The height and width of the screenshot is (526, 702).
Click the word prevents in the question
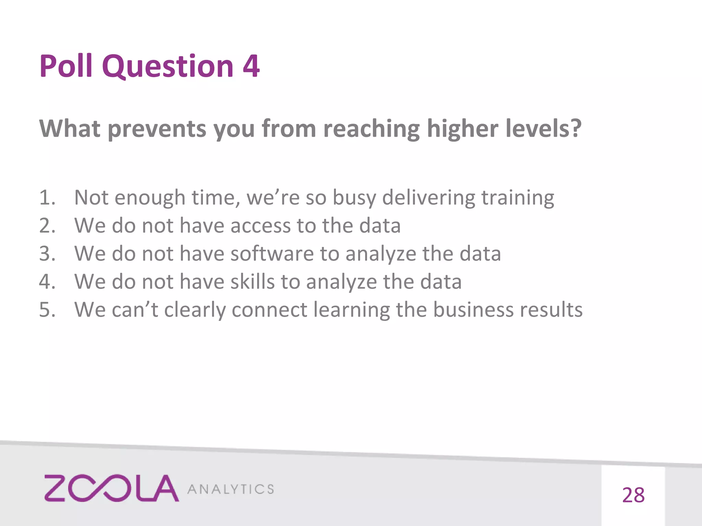coord(157,129)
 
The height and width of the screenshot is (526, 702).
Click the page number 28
coord(633,495)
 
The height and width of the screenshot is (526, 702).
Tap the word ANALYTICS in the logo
coord(231,489)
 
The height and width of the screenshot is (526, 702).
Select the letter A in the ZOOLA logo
coord(165,488)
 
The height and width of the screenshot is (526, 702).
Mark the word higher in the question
coord(462,129)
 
